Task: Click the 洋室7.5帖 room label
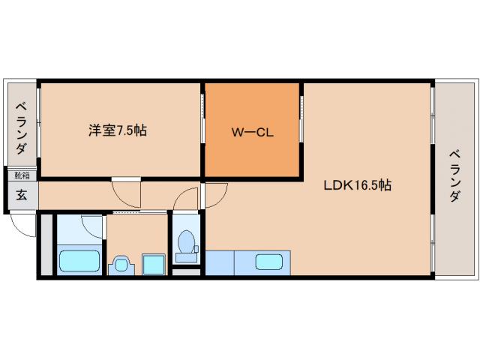[118, 130]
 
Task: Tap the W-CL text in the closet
[252, 133]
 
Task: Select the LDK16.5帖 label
[357, 184]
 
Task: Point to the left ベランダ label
[22, 127]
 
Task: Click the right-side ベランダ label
[455, 176]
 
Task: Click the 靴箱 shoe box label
[22, 175]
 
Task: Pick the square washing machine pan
[154, 265]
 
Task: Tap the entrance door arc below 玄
[22, 225]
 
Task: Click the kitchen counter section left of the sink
[220, 263]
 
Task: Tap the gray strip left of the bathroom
[46, 245]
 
